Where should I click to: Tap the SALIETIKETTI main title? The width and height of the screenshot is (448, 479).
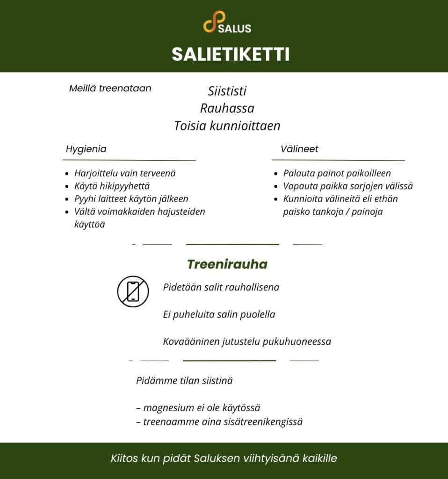(x=231, y=54)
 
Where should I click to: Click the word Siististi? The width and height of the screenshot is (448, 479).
(x=227, y=91)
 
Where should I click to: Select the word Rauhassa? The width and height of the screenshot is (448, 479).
(x=227, y=109)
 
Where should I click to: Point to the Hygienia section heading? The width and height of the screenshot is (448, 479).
(x=86, y=149)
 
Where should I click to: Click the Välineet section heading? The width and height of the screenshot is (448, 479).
(x=299, y=149)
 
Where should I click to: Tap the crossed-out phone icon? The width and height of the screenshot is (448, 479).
(x=133, y=291)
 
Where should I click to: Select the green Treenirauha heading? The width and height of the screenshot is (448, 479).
(x=227, y=264)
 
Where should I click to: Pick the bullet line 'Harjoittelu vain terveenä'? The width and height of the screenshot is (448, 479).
(x=125, y=173)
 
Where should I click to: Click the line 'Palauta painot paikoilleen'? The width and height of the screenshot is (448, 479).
(x=337, y=173)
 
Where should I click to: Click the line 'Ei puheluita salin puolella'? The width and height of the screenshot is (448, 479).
(x=219, y=314)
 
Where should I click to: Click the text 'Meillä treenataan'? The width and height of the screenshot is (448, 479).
(x=110, y=88)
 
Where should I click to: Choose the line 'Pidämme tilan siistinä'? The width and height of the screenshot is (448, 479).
(x=184, y=381)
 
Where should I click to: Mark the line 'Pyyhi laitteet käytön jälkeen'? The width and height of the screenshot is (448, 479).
(x=131, y=199)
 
